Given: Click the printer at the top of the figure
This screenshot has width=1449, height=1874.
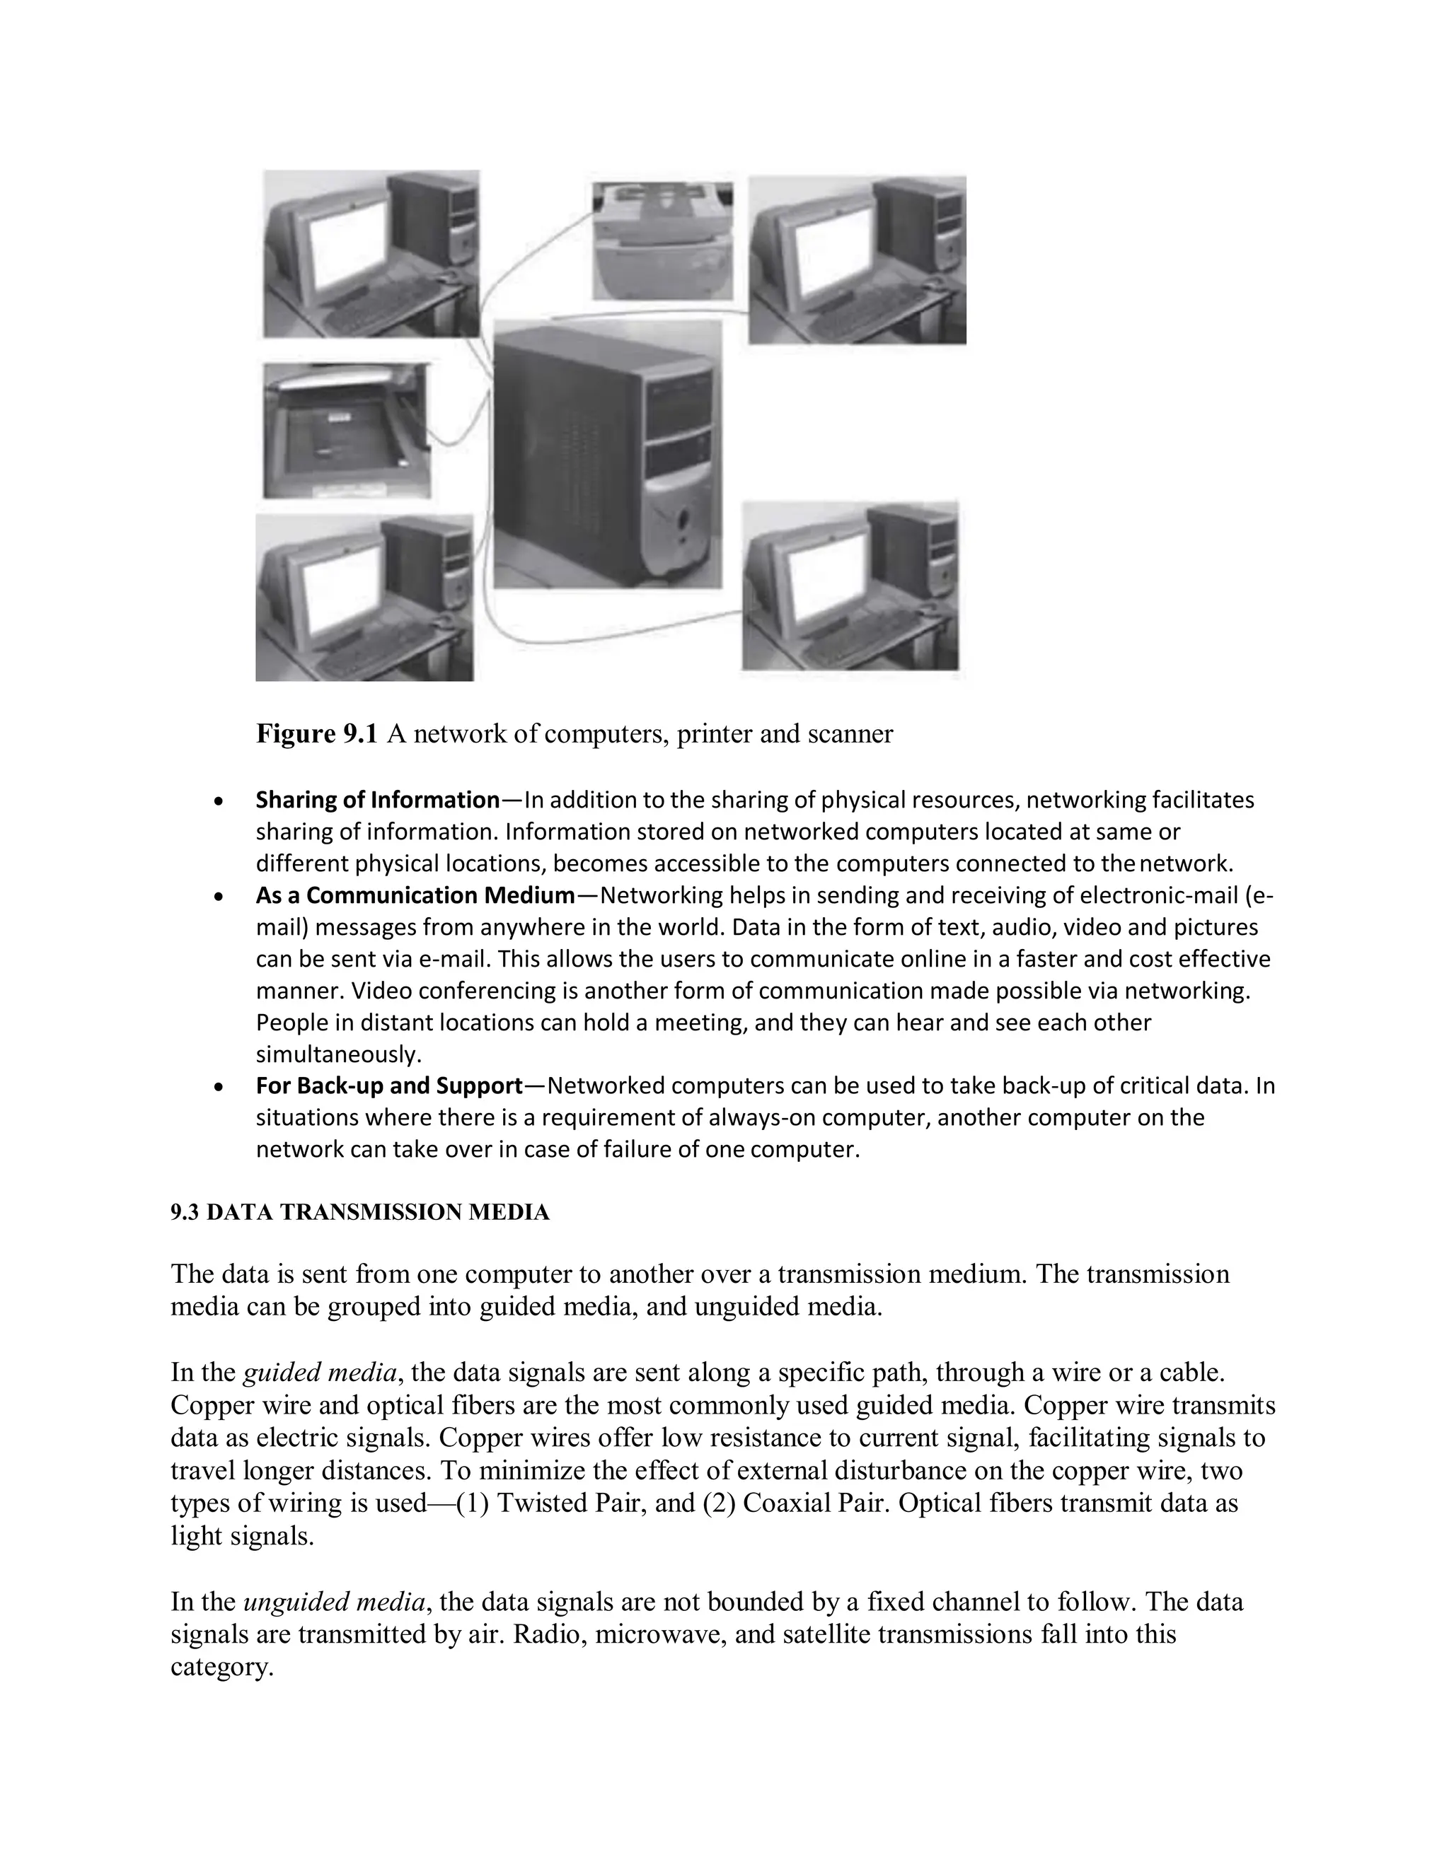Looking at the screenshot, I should coord(662,241).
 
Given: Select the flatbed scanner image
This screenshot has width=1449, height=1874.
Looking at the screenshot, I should coord(346,431).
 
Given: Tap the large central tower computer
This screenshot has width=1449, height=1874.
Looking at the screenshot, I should coord(608,454).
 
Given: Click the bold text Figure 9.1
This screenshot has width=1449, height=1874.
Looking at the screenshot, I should coord(317,735).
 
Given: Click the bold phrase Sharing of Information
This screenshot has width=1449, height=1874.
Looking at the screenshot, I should coord(378,801).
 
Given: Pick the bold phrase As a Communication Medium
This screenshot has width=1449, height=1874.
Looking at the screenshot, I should coord(415,896).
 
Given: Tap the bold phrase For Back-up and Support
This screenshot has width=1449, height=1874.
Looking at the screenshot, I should coord(390,1086).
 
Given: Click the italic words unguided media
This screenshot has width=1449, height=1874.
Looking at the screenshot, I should coord(334,1602).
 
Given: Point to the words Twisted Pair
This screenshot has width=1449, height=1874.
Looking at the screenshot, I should coord(571,1503).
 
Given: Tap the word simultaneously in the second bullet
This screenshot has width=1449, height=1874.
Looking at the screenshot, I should coord(338,1054).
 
